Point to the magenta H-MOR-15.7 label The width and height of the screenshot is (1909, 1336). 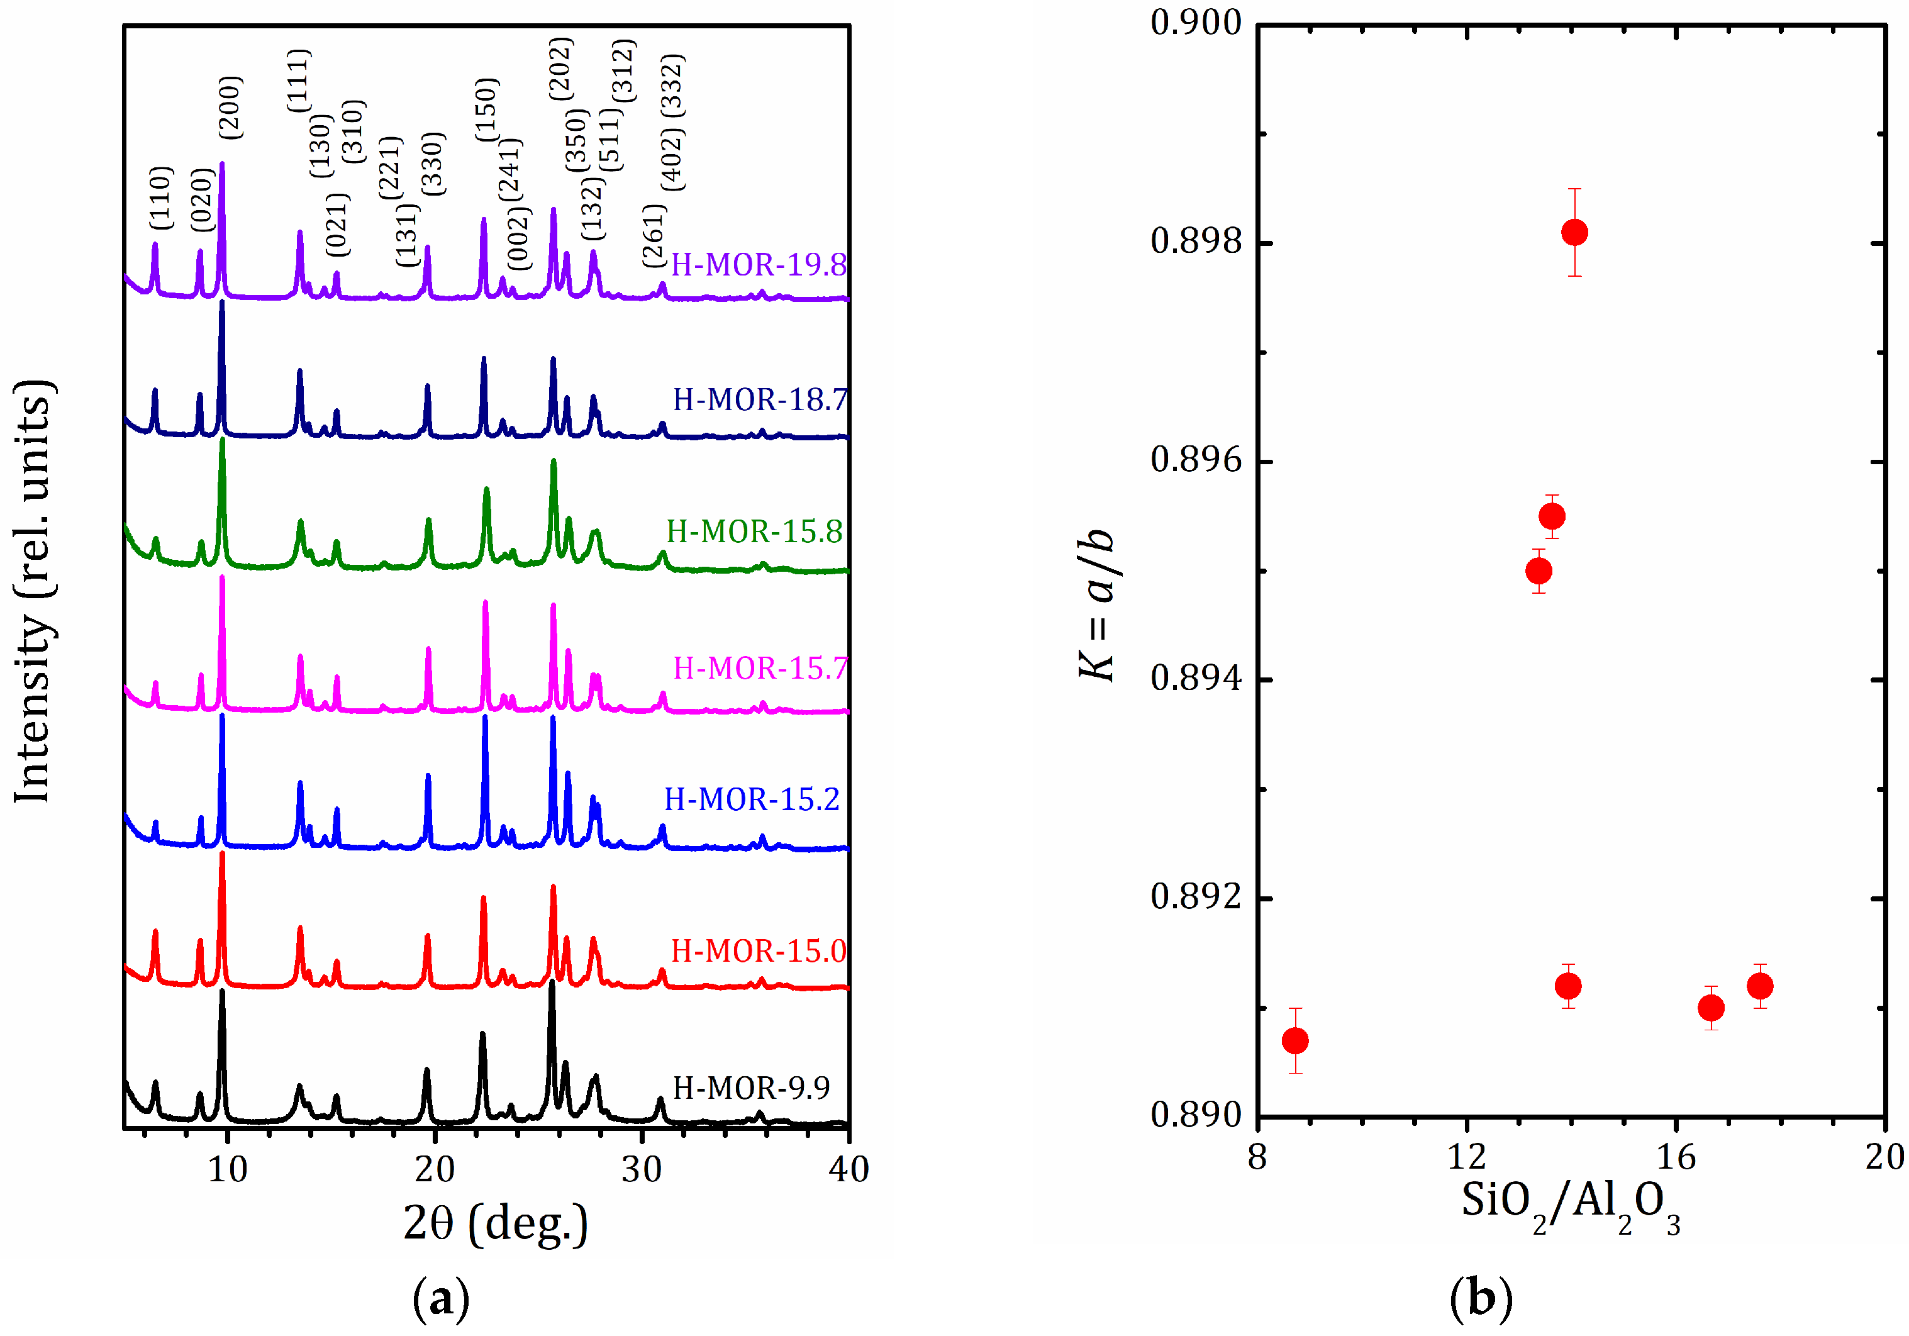click(x=759, y=667)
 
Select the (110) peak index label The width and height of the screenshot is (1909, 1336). click(x=160, y=198)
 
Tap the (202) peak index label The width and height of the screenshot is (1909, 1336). click(x=560, y=68)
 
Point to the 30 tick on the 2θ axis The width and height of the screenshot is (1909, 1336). click(x=641, y=1171)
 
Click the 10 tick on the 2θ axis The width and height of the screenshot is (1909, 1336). click(x=227, y=1171)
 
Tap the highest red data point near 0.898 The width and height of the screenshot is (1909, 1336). click(x=1574, y=232)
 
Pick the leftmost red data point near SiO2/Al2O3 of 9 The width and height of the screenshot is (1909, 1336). click(x=1294, y=1040)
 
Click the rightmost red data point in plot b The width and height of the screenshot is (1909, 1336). click(x=1759, y=986)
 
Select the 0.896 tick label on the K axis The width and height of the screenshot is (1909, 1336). click(x=1196, y=460)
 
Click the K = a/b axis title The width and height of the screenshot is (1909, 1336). click(x=1097, y=604)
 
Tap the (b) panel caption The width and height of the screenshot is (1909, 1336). click(x=1480, y=1298)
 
